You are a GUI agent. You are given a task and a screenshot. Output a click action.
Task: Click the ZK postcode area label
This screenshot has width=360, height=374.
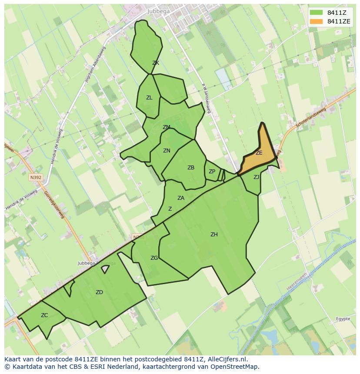pyautogui.click(x=156, y=63)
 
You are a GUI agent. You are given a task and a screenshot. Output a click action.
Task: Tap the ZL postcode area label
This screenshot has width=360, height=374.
pyautogui.click(x=149, y=98)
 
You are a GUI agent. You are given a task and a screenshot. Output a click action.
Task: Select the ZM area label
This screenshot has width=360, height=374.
pyautogui.click(x=166, y=127)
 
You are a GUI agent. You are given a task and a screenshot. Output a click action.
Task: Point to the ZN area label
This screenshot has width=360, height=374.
pyautogui.click(x=167, y=151)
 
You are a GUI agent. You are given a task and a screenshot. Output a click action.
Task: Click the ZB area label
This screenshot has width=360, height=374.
pyautogui.click(x=191, y=168)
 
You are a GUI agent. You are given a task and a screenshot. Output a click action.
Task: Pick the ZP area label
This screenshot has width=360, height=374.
pyautogui.click(x=212, y=172)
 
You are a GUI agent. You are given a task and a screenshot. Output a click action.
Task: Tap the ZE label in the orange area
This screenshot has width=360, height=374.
pyautogui.click(x=259, y=153)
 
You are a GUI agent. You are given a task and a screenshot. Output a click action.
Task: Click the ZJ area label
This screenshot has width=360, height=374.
pyautogui.click(x=256, y=177)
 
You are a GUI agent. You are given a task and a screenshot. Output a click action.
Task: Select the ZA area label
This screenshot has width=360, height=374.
pyautogui.click(x=181, y=198)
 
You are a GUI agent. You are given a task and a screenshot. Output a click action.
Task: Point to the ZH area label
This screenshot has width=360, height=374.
pyautogui.click(x=214, y=235)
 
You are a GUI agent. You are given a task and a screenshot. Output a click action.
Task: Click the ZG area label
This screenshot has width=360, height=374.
pyautogui.click(x=154, y=258)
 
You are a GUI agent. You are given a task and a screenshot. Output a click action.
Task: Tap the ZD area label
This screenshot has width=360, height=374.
pyautogui.click(x=99, y=292)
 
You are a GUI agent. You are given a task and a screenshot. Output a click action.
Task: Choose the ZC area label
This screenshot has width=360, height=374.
pyautogui.click(x=44, y=315)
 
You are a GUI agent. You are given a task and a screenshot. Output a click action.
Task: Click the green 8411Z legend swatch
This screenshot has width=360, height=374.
pyautogui.click(x=317, y=13)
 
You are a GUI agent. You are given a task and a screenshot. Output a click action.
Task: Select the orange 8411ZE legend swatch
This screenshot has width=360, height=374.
pyautogui.click(x=317, y=21)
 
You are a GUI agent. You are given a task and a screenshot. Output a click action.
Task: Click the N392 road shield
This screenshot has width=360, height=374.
pyautogui.click(x=36, y=177)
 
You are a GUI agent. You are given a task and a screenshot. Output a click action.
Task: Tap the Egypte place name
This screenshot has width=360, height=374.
pyautogui.click(x=343, y=319)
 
